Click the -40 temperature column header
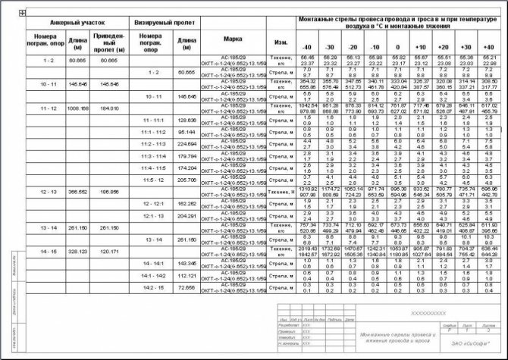coord(307,47)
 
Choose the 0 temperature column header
coord(397,47)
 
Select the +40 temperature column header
coord(488,47)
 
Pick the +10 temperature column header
coord(420,47)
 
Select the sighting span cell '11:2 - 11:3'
coord(153,142)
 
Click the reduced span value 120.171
coord(109,251)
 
